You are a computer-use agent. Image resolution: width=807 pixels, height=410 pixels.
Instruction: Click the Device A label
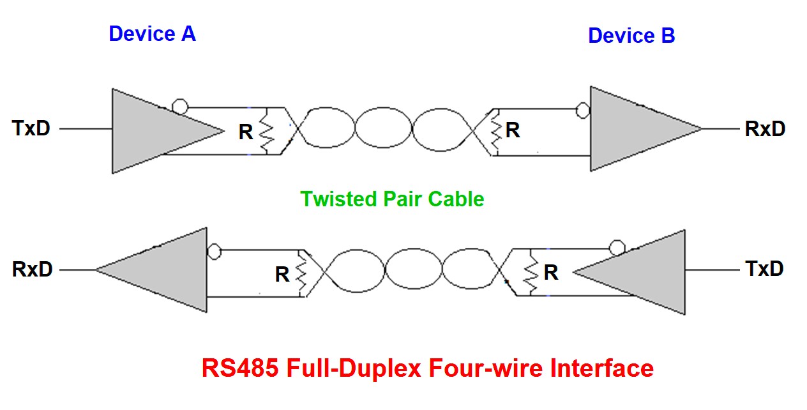152,33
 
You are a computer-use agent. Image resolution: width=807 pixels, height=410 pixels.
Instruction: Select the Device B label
631,36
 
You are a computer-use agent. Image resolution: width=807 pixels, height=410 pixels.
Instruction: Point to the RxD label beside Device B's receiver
765,129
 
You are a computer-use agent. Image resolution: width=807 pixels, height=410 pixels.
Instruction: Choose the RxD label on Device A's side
32,270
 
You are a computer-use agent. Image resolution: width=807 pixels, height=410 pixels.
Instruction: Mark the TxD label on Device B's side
764,268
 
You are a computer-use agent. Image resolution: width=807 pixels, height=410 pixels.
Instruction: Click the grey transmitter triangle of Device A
153,131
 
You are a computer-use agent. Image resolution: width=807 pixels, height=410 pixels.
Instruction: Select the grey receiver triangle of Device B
632,129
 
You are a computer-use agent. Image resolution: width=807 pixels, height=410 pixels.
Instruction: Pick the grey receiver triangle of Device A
166,270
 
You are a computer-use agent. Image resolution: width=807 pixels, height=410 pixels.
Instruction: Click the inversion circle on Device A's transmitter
180,107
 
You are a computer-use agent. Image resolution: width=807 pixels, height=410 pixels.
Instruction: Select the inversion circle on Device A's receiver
215,251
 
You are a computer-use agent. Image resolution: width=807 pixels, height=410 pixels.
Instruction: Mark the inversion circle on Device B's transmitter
616,247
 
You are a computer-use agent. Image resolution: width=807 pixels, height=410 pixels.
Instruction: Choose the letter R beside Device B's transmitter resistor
551,273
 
